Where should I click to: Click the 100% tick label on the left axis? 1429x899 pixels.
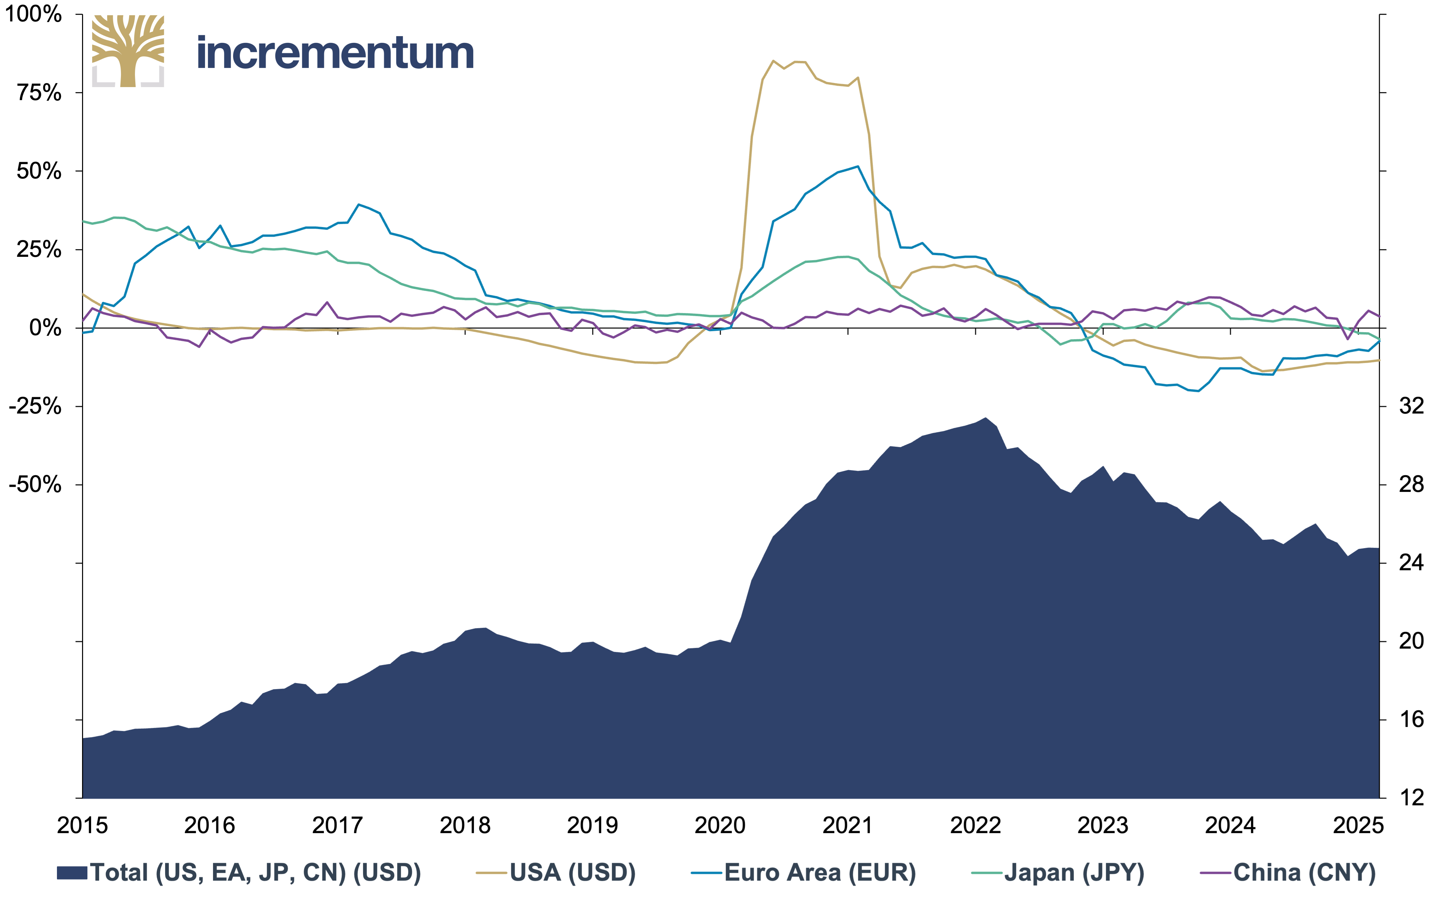(33, 14)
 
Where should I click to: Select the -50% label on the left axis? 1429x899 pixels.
(35, 485)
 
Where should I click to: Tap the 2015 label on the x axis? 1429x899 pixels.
(82, 825)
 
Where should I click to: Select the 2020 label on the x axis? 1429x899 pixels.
(720, 825)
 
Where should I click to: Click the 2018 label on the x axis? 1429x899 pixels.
(465, 825)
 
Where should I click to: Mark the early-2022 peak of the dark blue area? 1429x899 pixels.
(986, 418)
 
